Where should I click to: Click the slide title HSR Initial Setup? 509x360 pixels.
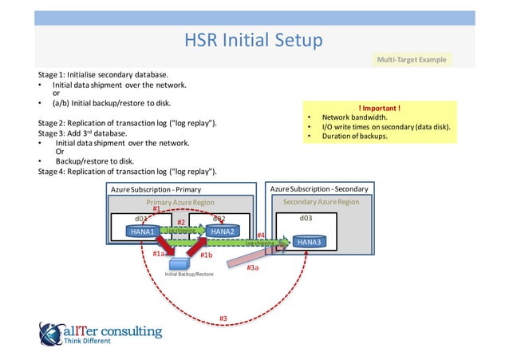pyautogui.click(x=254, y=40)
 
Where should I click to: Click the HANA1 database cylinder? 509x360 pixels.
pyautogui.click(x=144, y=231)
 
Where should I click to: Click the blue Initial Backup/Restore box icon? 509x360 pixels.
pyautogui.click(x=180, y=262)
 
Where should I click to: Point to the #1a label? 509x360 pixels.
pyautogui.click(x=159, y=253)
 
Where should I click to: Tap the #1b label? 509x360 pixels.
pyautogui.click(x=206, y=255)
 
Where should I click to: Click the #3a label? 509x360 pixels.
pyautogui.click(x=252, y=269)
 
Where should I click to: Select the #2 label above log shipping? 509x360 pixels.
pyautogui.click(x=181, y=223)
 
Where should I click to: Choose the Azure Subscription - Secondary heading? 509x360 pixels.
pyautogui.click(x=319, y=189)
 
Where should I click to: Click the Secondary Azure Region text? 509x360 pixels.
pyautogui.click(x=321, y=202)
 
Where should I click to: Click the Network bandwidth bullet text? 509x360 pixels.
pyautogui.click(x=356, y=117)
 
